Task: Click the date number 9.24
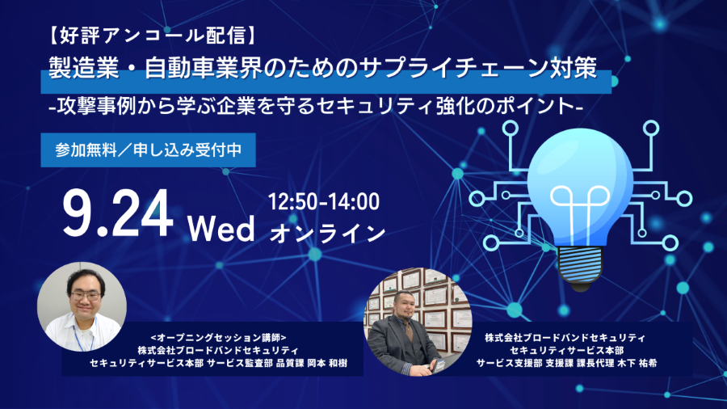coord(118,214)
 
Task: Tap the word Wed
coord(221,228)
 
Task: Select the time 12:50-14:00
coord(324,202)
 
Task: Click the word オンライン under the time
coord(327,234)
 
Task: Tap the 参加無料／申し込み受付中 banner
coord(149,150)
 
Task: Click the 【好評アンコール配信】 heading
coord(152,36)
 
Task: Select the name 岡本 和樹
coord(327,363)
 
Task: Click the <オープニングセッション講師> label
coord(218,337)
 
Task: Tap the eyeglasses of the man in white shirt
coord(85,295)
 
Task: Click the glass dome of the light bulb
coord(580,185)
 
